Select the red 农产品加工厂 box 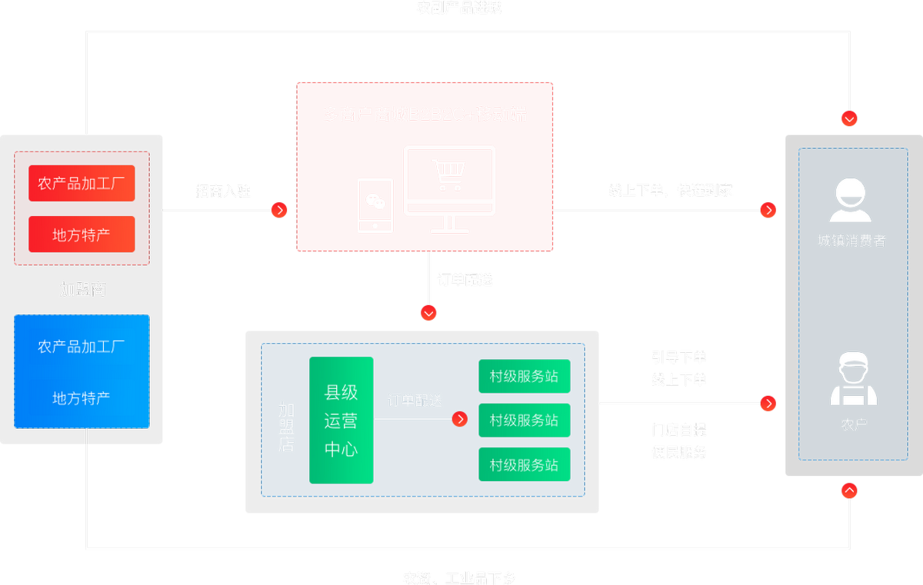click(82, 184)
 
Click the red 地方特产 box click(82, 234)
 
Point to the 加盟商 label click(82, 290)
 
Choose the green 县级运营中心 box click(341, 420)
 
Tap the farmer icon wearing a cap click(853, 379)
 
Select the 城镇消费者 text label click(851, 241)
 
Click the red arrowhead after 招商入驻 click(279, 210)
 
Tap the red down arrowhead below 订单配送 click(428, 313)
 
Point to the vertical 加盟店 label click(286, 427)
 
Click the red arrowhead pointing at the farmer click(768, 404)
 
